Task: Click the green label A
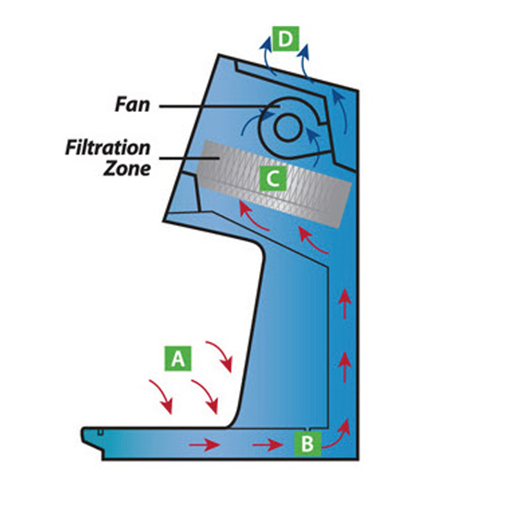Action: [178, 359]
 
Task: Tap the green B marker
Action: [308, 443]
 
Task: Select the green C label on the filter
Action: [273, 178]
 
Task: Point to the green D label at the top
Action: [285, 39]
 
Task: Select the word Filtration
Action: [108, 147]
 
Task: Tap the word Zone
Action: [128, 169]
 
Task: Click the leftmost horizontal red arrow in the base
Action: [200, 444]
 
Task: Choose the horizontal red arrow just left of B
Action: [265, 444]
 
